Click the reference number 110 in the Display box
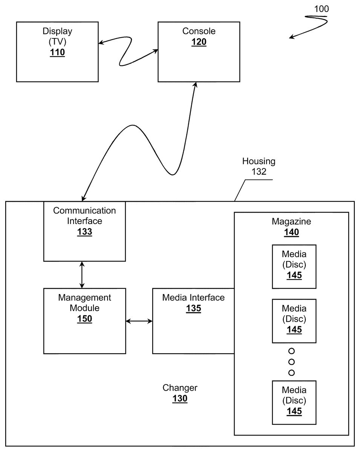pos(57,52)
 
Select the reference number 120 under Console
pos(199,42)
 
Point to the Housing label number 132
pos(259,172)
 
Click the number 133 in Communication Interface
pos(84,232)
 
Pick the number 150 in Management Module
pos(84,319)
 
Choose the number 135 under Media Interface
pos(193,308)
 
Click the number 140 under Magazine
pos(291,232)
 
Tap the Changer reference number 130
pos(180,399)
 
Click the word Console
pos(199,31)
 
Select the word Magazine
pos(291,221)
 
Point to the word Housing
pos(259,162)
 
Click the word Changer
pos(180,388)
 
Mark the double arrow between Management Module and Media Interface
pos(139,321)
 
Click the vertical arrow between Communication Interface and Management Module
pos(82,275)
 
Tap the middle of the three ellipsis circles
pos(291,362)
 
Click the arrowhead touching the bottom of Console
pos(195,85)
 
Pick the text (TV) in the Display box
pos(57,41)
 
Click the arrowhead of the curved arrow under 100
pos(291,37)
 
